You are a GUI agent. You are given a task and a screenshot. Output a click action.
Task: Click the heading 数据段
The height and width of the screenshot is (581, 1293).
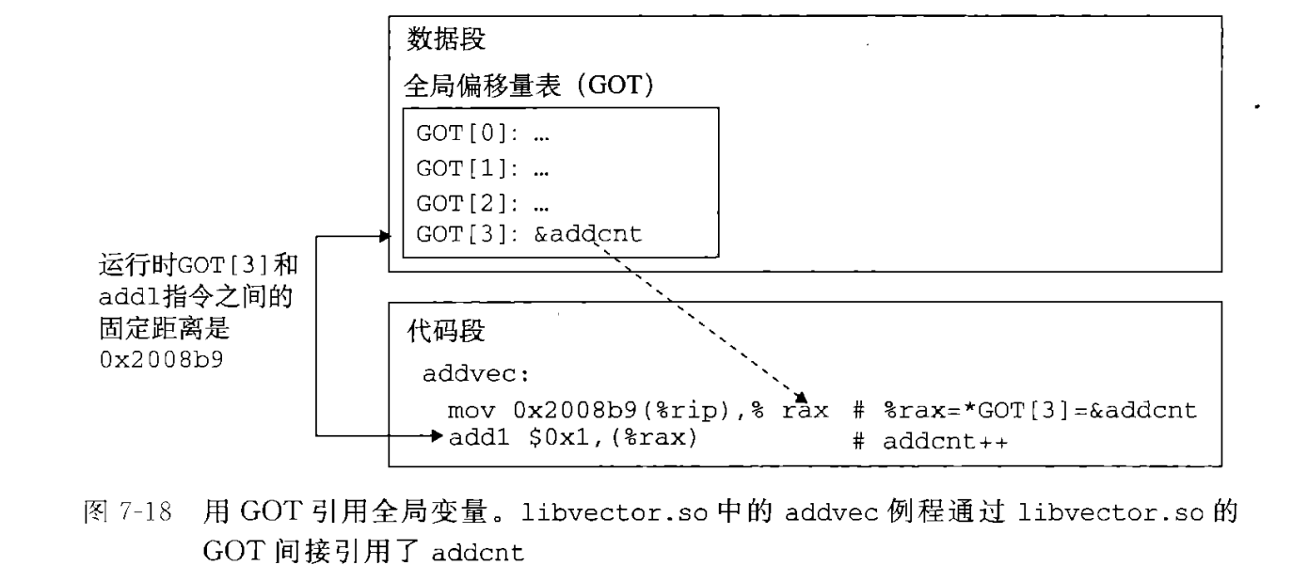point(446,40)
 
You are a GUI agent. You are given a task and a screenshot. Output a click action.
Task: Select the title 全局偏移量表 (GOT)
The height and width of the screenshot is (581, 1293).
point(528,86)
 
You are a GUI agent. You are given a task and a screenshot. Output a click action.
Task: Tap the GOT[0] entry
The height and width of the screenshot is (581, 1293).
point(482,132)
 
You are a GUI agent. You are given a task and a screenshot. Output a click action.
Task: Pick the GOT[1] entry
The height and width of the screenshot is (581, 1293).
point(482,170)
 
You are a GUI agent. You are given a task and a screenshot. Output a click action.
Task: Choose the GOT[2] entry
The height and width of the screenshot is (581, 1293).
point(482,203)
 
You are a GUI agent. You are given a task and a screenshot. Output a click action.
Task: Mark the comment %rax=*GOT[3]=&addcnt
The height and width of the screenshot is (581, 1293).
point(1037,411)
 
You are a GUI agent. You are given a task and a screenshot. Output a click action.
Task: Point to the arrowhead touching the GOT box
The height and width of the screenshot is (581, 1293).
point(384,236)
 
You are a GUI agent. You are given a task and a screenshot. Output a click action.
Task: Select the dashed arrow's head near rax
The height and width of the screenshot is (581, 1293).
point(804,398)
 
